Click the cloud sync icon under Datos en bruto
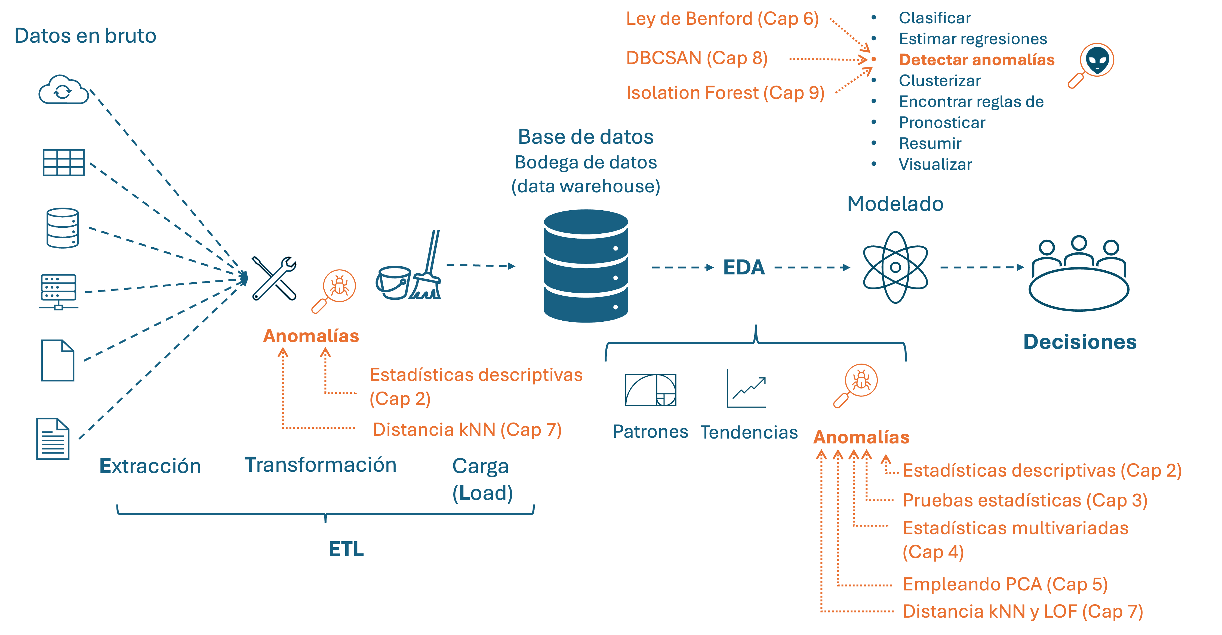click(x=64, y=90)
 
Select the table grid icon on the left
click(x=64, y=162)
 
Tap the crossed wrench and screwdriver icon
click(x=274, y=278)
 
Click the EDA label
click(x=744, y=267)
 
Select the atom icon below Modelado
click(x=895, y=267)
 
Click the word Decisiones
click(x=1080, y=342)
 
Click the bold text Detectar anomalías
click(x=976, y=60)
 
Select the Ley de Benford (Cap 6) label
click(x=722, y=19)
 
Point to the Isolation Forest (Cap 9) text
click(x=725, y=93)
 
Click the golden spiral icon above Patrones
click(x=650, y=390)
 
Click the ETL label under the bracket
click(x=346, y=549)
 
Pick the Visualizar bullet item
click(x=935, y=164)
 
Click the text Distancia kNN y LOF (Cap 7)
click(x=1022, y=611)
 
